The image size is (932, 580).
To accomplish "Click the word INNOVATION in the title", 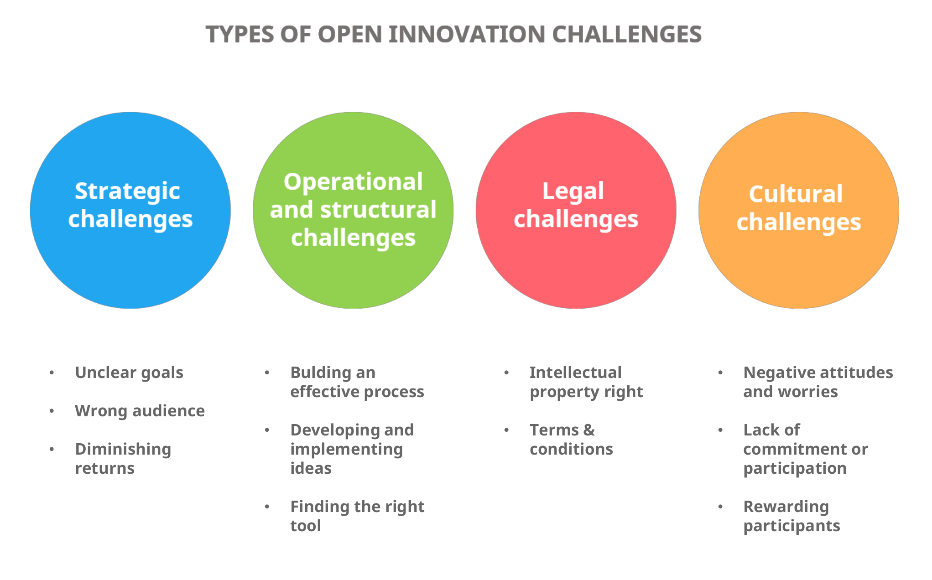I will coord(467,34).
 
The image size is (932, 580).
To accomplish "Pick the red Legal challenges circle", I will coord(576,264).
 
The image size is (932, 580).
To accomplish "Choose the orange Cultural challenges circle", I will coord(798,264).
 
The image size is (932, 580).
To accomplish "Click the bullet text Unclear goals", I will coord(129,373).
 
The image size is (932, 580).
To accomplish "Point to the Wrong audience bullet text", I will coord(140,411).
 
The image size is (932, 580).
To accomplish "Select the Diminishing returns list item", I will coord(123,459).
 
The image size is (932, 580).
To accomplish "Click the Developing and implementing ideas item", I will coord(352,449).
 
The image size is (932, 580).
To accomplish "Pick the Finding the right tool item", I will coord(357,516).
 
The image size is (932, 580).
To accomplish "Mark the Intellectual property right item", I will coord(586,382).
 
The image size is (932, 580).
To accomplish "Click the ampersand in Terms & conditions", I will coord(589,430).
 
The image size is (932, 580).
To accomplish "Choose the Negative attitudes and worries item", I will coord(817,382).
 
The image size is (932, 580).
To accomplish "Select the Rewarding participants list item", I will coord(791,516).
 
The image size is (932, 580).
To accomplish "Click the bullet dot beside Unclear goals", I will coord(52,373).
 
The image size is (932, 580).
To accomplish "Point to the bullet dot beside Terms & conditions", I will coord(506,430).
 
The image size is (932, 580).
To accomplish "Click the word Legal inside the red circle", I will coord(573,192).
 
